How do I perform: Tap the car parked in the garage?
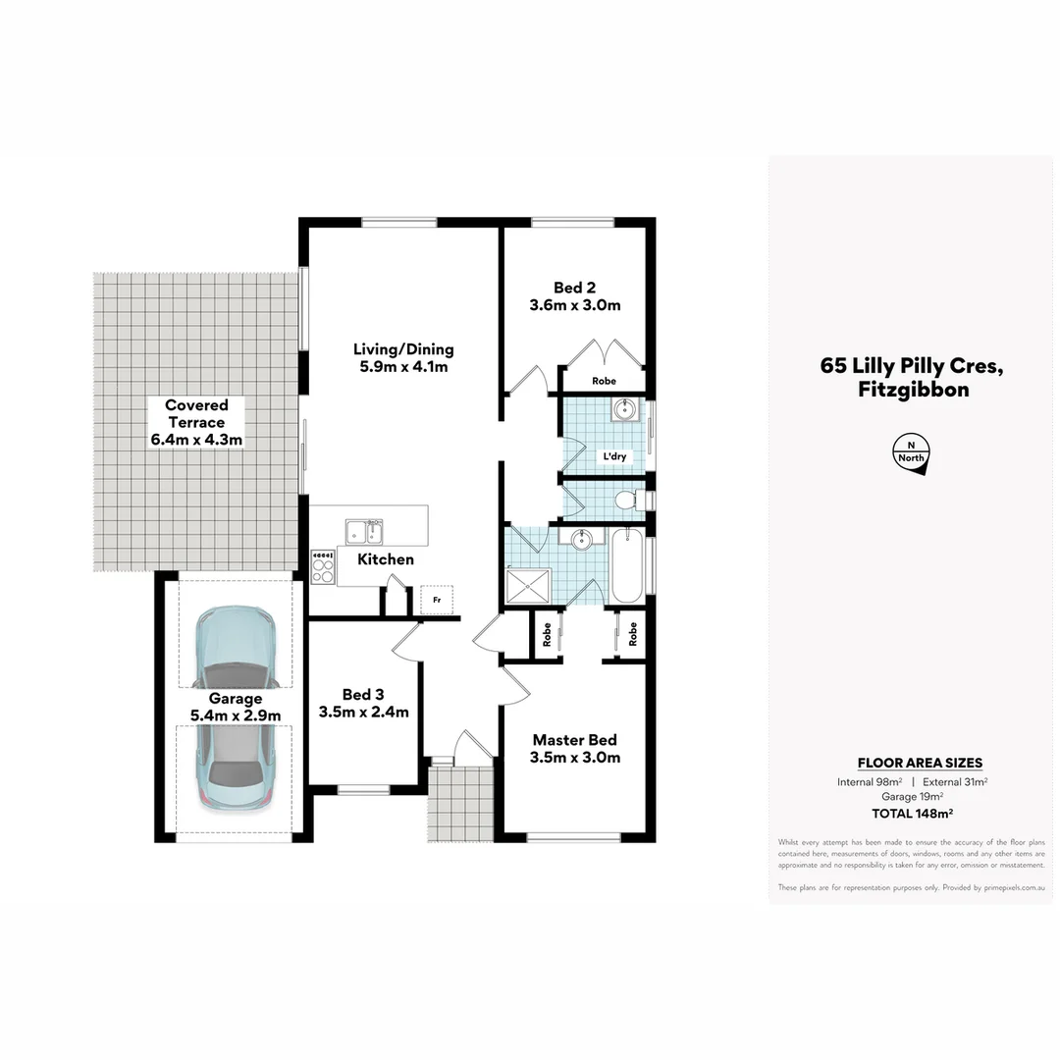pyautogui.click(x=236, y=706)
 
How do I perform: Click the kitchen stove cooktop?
pyautogui.click(x=322, y=566)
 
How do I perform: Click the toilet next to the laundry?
pyautogui.click(x=629, y=502)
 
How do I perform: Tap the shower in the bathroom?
pyautogui.click(x=528, y=587)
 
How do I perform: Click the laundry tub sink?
pyautogui.click(x=624, y=409)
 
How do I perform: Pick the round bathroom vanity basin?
pyautogui.click(x=582, y=539)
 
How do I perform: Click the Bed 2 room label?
pyautogui.click(x=574, y=288)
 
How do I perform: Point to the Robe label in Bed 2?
pyautogui.click(x=604, y=381)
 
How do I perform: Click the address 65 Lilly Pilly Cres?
pyautogui.click(x=911, y=366)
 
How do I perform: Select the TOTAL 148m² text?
pyautogui.click(x=914, y=813)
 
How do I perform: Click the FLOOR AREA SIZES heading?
pyautogui.click(x=920, y=763)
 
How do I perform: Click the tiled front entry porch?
pyautogui.click(x=460, y=798)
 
